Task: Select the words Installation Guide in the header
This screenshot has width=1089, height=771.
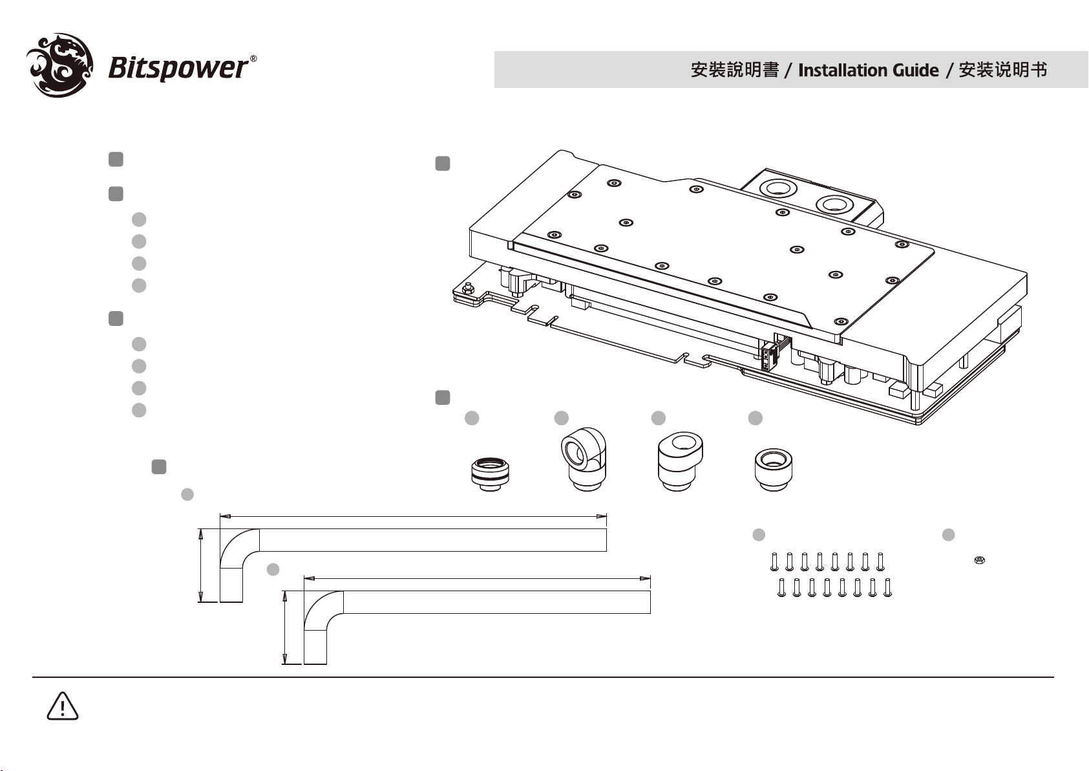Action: pos(869,70)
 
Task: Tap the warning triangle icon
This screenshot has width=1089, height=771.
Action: pos(63,706)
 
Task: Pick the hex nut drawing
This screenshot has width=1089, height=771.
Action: pos(979,560)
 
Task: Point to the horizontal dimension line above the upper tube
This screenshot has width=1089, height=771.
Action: pos(414,516)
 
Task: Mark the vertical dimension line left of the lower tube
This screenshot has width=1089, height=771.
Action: pos(285,627)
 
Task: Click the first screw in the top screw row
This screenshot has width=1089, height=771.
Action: pos(774,561)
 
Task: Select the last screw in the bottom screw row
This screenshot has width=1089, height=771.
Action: pos(887,587)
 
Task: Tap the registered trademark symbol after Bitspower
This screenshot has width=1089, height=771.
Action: pos(253,59)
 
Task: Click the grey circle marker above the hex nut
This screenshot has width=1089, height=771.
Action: pos(948,534)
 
